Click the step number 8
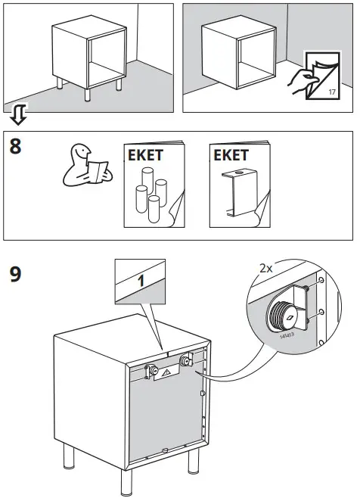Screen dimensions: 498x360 [x=16, y=146]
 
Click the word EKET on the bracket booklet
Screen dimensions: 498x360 [x=231, y=157]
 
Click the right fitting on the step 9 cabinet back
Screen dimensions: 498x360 [x=184, y=364]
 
